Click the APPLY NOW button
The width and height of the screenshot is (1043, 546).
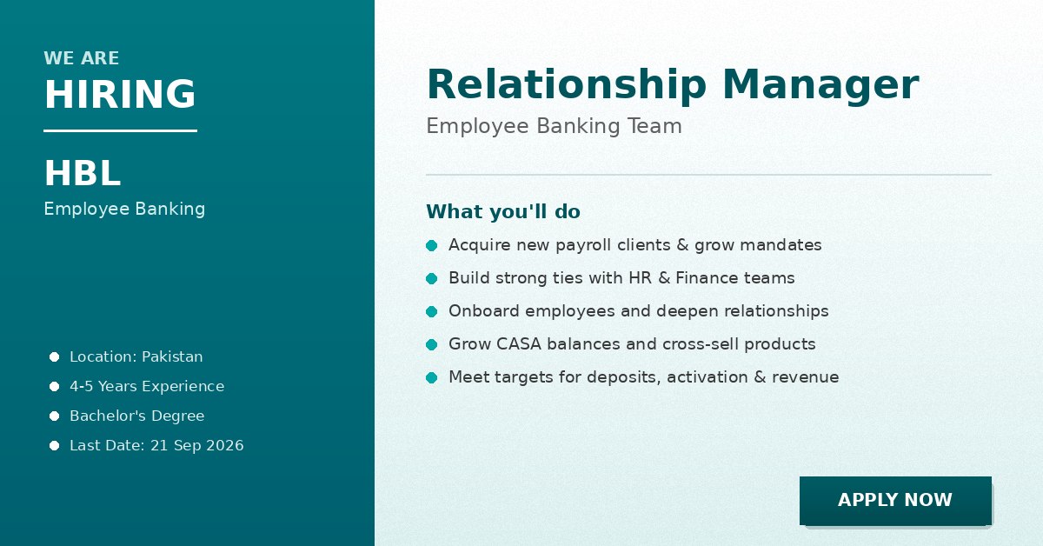(895, 500)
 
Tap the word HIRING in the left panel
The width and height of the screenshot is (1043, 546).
(120, 94)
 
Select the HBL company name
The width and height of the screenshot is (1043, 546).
(83, 173)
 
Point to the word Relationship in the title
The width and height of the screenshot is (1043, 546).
(566, 84)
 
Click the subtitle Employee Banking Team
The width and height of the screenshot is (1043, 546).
(555, 126)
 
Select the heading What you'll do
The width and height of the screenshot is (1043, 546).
(503, 211)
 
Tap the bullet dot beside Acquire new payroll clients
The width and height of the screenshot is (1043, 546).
(432, 245)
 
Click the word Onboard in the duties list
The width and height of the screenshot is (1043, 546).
(484, 310)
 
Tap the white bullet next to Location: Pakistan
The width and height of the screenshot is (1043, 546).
(55, 356)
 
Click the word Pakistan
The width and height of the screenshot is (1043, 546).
(172, 356)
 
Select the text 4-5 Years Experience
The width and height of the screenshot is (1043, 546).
(147, 386)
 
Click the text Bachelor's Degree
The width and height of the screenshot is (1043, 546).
(137, 416)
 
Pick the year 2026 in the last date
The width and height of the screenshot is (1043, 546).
(225, 445)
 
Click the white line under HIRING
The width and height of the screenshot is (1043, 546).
(120, 131)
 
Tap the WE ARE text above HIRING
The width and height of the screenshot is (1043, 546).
(82, 58)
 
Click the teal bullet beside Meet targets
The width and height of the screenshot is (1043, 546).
(432, 378)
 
